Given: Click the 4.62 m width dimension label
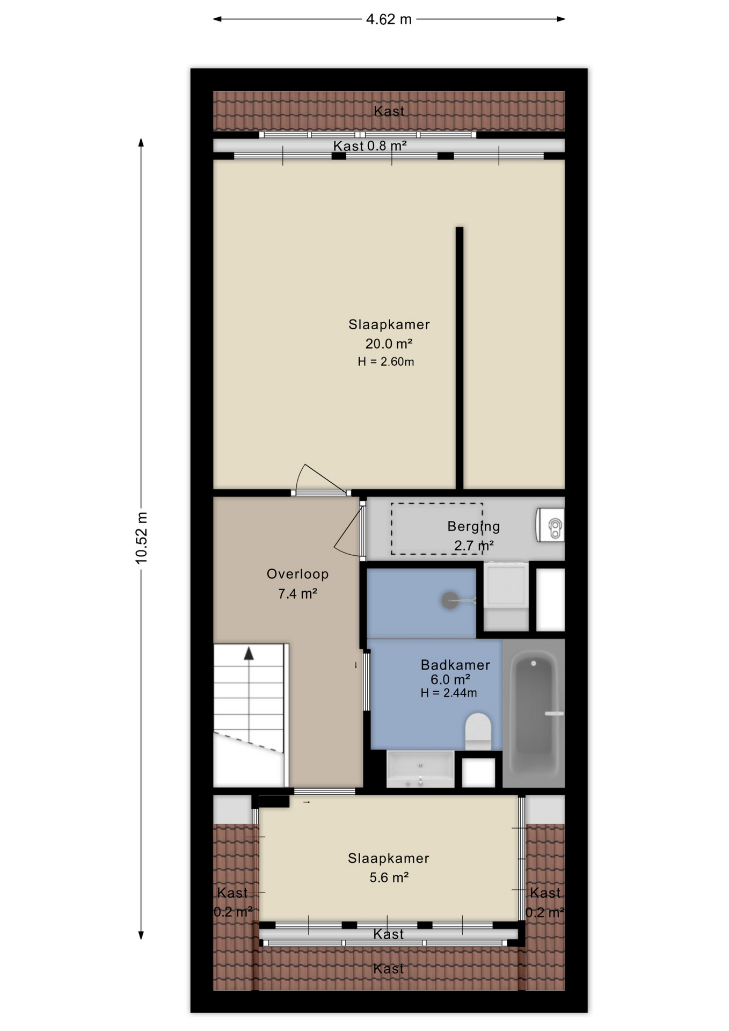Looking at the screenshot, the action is coord(389,19).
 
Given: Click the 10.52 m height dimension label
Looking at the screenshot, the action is coord(141,538).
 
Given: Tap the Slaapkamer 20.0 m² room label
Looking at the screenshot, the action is coord(389,333).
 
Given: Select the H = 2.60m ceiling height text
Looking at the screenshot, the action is coord(386,362).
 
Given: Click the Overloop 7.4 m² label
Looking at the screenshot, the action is coord(297,584).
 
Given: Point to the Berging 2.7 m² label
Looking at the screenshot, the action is coord(473,535).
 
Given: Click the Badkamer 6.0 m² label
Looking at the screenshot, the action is coord(455,672).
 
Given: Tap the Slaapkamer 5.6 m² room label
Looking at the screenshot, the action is coord(389,868).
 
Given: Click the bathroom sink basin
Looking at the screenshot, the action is coord(420,769).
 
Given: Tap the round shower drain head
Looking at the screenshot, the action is coord(450,600).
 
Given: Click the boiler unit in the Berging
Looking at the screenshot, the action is coord(550,525).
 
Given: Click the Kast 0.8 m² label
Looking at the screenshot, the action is coord(370,146).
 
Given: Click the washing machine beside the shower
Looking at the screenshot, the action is coord(506,596).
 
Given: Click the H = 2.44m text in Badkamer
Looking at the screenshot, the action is coord(449,693).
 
